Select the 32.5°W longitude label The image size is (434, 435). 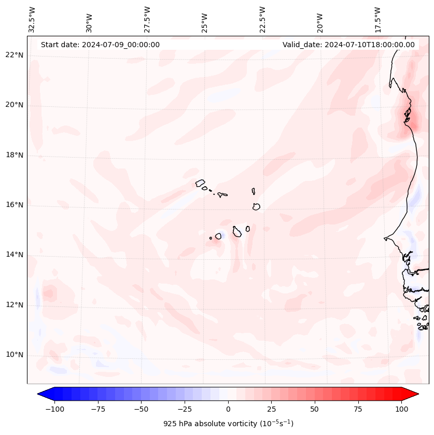(32, 20)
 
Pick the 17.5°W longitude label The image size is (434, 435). (378, 20)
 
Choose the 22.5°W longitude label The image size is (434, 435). (262, 20)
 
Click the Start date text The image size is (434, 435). (100, 45)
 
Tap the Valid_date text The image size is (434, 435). (348, 45)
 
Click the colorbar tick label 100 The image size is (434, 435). (401, 409)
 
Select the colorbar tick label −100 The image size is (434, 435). (54, 409)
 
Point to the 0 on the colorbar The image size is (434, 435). (228, 409)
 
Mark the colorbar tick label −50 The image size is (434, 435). (141, 409)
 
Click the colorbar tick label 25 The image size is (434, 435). (271, 409)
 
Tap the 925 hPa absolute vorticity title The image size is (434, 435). (228, 424)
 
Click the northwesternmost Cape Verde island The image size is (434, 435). (200, 183)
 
